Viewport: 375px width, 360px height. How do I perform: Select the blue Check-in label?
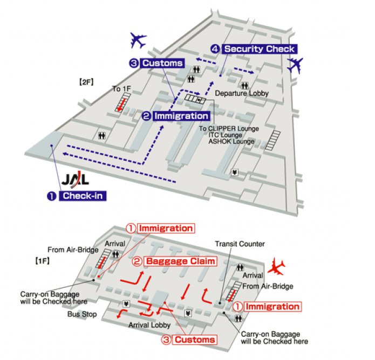[83, 196]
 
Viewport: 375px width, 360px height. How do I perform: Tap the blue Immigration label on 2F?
[181, 116]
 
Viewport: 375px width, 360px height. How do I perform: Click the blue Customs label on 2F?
[162, 63]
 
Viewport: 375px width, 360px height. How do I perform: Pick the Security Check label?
[259, 49]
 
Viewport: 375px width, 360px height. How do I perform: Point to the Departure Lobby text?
[242, 93]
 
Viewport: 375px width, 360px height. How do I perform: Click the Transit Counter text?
[240, 244]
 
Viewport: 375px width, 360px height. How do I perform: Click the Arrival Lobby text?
[149, 325]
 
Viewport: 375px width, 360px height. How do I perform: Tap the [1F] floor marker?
[43, 261]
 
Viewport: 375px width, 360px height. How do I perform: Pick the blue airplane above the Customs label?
[138, 39]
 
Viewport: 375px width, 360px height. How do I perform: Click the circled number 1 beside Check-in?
[51, 196]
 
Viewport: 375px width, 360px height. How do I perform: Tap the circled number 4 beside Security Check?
[215, 49]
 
